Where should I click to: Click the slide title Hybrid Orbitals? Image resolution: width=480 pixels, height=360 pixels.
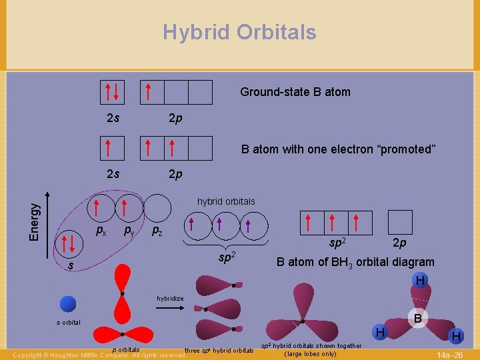pyautogui.click(x=239, y=32)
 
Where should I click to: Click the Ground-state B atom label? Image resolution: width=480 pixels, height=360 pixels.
pyautogui.click(x=295, y=92)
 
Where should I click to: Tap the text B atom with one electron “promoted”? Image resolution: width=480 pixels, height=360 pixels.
pyautogui.click(x=338, y=149)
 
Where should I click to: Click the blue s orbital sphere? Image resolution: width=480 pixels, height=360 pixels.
pyautogui.click(x=68, y=305)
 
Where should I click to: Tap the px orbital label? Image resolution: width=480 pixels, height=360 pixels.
pyautogui.click(x=101, y=231)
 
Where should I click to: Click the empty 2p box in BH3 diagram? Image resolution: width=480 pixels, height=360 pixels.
pyautogui.click(x=400, y=222)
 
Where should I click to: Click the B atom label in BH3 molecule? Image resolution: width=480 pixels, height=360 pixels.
pyautogui.click(x=417, y=319)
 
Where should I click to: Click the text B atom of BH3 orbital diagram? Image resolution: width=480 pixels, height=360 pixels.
pyautogui.click(x=355, y=262)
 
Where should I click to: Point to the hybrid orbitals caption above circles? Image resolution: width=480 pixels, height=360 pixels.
pyautogui.click(x=225, y=201)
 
